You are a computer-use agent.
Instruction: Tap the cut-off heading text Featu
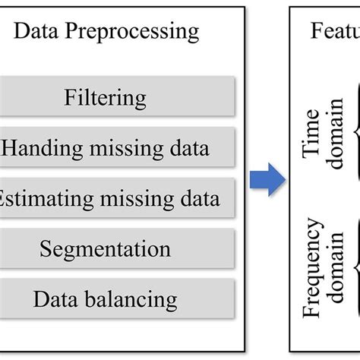(334, 32)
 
